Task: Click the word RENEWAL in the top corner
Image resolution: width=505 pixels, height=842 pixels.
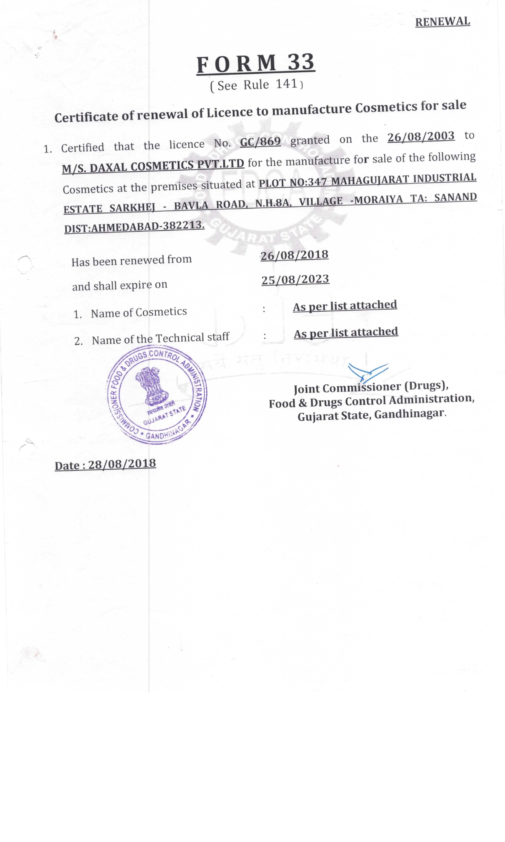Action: (442, 22)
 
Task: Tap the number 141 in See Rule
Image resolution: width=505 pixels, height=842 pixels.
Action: (287, 84)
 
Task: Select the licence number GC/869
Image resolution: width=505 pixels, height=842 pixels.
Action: (260, 142)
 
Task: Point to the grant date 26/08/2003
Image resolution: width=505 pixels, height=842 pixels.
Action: (421, 136)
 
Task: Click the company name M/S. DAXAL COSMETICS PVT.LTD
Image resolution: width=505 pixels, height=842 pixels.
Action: (153, 165)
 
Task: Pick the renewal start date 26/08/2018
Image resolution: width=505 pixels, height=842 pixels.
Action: (294, 255)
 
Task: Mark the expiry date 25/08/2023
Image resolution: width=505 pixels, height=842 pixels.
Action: (295, 279)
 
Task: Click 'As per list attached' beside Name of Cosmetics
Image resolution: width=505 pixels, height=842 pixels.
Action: (345, 306)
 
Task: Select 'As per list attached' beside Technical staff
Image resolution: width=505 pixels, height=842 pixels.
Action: (346, 332)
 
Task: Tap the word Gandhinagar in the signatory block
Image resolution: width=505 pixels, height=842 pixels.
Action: (409, 414)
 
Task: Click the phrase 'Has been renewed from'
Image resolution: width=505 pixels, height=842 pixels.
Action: (131, 260)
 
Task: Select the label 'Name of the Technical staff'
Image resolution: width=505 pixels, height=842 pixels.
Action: (160, 338)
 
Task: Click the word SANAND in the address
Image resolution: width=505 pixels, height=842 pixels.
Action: (455, 197)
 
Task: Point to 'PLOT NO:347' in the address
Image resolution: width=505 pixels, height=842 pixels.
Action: (293, 182)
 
